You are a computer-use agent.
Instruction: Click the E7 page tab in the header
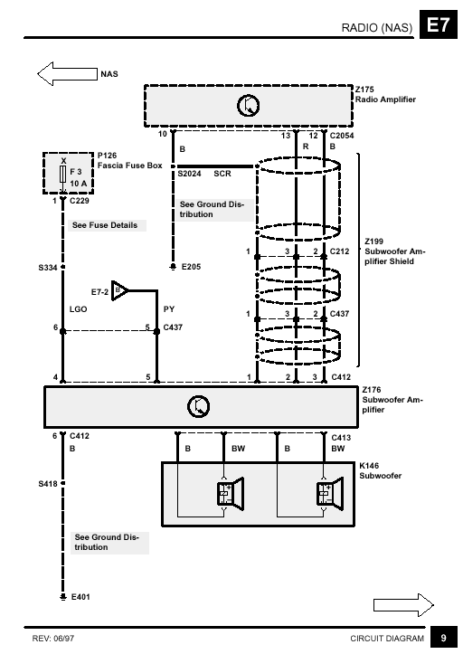438,26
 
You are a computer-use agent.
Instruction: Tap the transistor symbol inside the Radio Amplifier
248,106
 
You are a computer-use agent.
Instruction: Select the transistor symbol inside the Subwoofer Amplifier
198,407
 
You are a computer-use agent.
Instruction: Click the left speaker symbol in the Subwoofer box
230,494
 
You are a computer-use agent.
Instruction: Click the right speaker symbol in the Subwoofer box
330,494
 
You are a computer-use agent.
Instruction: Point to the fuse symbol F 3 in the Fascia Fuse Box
63,174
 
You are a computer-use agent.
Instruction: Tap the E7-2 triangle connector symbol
119,290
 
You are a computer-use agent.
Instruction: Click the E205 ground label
191,267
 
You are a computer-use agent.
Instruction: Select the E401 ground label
80,597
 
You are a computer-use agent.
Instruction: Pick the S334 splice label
48,268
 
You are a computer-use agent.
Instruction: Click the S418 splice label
48,484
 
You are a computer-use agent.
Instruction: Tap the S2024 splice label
189,174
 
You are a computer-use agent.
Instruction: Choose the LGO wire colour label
78,309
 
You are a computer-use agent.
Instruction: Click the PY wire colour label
169,309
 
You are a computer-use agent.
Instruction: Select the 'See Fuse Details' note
105,225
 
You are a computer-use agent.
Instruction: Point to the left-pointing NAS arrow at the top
67,74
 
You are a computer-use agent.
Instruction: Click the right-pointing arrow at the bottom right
403,605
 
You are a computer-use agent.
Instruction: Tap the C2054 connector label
342,136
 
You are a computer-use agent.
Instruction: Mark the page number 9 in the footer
444,638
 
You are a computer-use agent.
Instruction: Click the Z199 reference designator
373,242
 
